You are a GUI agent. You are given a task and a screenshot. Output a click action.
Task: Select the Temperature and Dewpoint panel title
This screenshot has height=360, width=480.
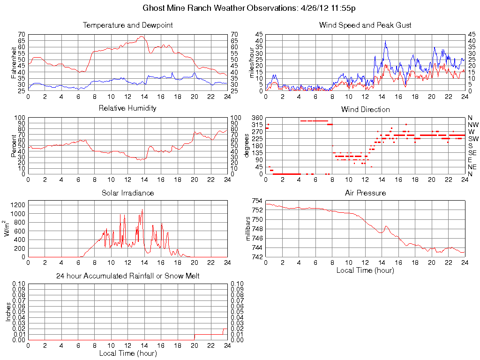(x=127, y=25)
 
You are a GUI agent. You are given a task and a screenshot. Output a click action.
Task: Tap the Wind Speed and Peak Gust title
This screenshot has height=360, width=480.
(x=365, y=25)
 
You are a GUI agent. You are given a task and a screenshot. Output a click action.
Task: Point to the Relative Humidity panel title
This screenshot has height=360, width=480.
(x=127, y=108)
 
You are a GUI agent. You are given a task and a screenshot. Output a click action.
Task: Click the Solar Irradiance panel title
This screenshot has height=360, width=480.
(x=127, y=193)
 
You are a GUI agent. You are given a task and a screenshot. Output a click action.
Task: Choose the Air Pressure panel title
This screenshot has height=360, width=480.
(x=365, y=193)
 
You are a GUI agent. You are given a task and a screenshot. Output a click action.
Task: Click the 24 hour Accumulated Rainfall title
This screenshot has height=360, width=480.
(x=127, y=276)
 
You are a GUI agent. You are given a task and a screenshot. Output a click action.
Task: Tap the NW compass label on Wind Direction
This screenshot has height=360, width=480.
(x=472, y=124)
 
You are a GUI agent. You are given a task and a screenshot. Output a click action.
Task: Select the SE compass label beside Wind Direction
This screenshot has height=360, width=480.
(x=472, y=153)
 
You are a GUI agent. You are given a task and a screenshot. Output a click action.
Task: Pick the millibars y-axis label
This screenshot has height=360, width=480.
(x=249, y=229)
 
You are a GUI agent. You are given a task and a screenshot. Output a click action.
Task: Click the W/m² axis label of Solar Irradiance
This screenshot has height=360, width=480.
(x=7, y=229)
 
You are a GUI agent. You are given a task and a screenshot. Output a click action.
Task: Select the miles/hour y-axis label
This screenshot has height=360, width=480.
(x=251, y=63)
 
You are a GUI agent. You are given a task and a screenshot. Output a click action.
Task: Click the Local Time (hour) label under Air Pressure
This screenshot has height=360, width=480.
(x=365, y=270)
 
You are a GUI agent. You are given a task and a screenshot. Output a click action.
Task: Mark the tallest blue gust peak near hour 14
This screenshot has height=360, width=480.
(x=385, y=41)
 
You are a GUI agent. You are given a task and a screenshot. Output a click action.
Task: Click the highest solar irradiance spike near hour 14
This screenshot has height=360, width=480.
(x=142, y=210)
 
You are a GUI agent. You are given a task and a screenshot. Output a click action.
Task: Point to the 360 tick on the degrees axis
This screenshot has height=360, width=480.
(x=257, y=117)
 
